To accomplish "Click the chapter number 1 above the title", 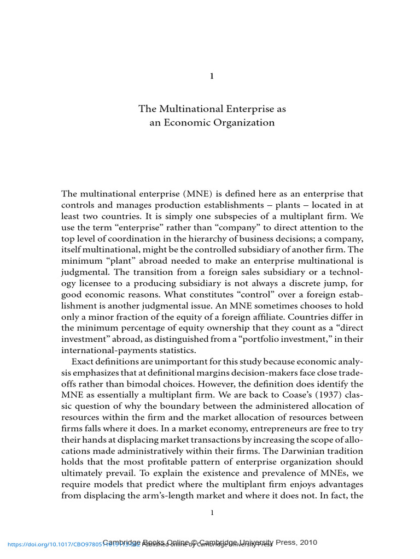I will tap(212, 76).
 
